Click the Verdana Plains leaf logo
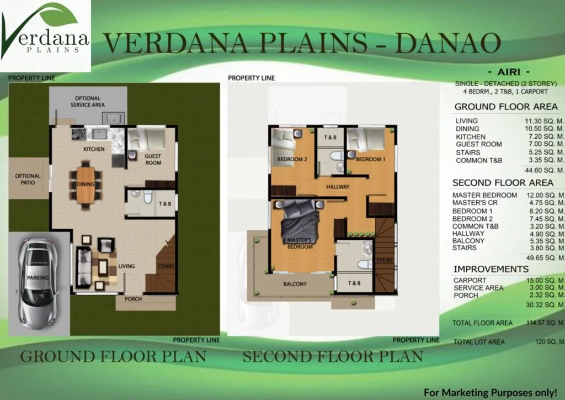pos(45,35)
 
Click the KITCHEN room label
pos(94,149)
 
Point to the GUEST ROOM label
pos(153,160)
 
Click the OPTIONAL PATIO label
pos(28,179)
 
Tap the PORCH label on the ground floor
pos(134,299)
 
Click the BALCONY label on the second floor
pos(295,284)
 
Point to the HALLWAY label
pos(338,187)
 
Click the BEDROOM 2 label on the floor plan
pos(292,159)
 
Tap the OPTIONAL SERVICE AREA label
pos(88,101)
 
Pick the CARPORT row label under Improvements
pos(470,280)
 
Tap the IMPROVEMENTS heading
pos(491,269)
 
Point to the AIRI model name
pos(509,72)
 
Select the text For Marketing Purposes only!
pos(491,392)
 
